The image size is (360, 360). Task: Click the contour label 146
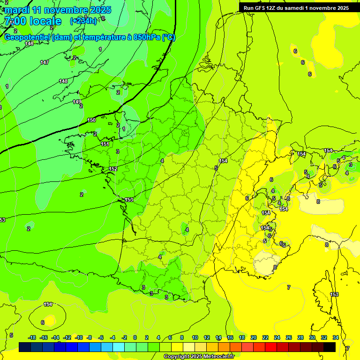point(29,44)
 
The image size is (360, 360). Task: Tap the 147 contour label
point(45,62)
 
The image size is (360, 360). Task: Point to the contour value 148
point(63,81)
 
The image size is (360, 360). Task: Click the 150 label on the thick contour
point(91,120)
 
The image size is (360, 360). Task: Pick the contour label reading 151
point(105,144)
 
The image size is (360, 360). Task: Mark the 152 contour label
point(113,169)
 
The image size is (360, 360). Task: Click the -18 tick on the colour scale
point(32,337)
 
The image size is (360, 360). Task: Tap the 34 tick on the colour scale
point(336,337)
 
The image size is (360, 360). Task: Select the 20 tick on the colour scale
point(254,337)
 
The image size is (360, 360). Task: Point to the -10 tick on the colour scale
point(79,337)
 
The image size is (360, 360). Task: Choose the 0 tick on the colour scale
point(135,337)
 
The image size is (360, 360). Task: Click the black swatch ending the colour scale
point(330,347)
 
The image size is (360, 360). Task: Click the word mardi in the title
point(16,10)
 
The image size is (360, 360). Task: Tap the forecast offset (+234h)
point(84,21)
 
